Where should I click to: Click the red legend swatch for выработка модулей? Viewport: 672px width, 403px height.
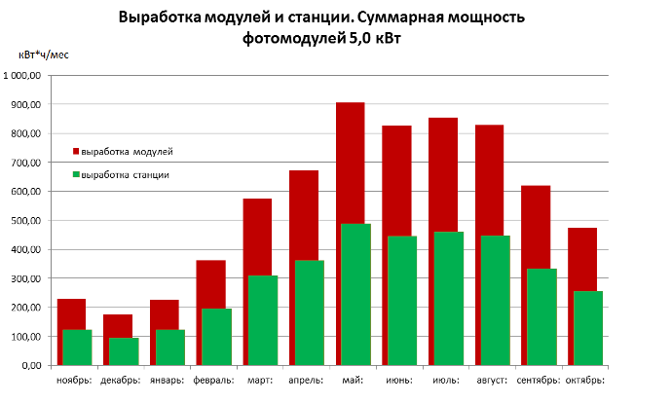(76, 152)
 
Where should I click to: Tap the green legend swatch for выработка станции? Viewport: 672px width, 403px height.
(76, 175)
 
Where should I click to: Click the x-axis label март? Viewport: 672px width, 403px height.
(260, 381)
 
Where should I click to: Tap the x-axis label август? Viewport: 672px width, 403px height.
(491, 381)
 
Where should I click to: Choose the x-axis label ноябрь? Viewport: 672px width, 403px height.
(75, 381)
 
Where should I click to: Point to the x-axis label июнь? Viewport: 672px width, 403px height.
(398, 381)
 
